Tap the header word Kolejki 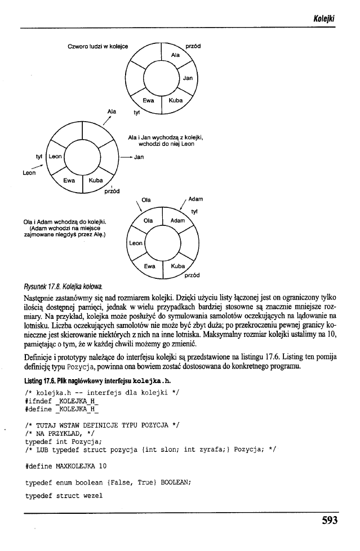tap(326, 20)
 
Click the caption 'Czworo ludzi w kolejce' tap(97, 45)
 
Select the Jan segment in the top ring tap(189, 78)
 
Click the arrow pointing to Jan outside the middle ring tap(127, 157)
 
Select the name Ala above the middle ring tap(111, 112)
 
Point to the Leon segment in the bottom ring tap(135, 243)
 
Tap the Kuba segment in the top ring tap(176, 101)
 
